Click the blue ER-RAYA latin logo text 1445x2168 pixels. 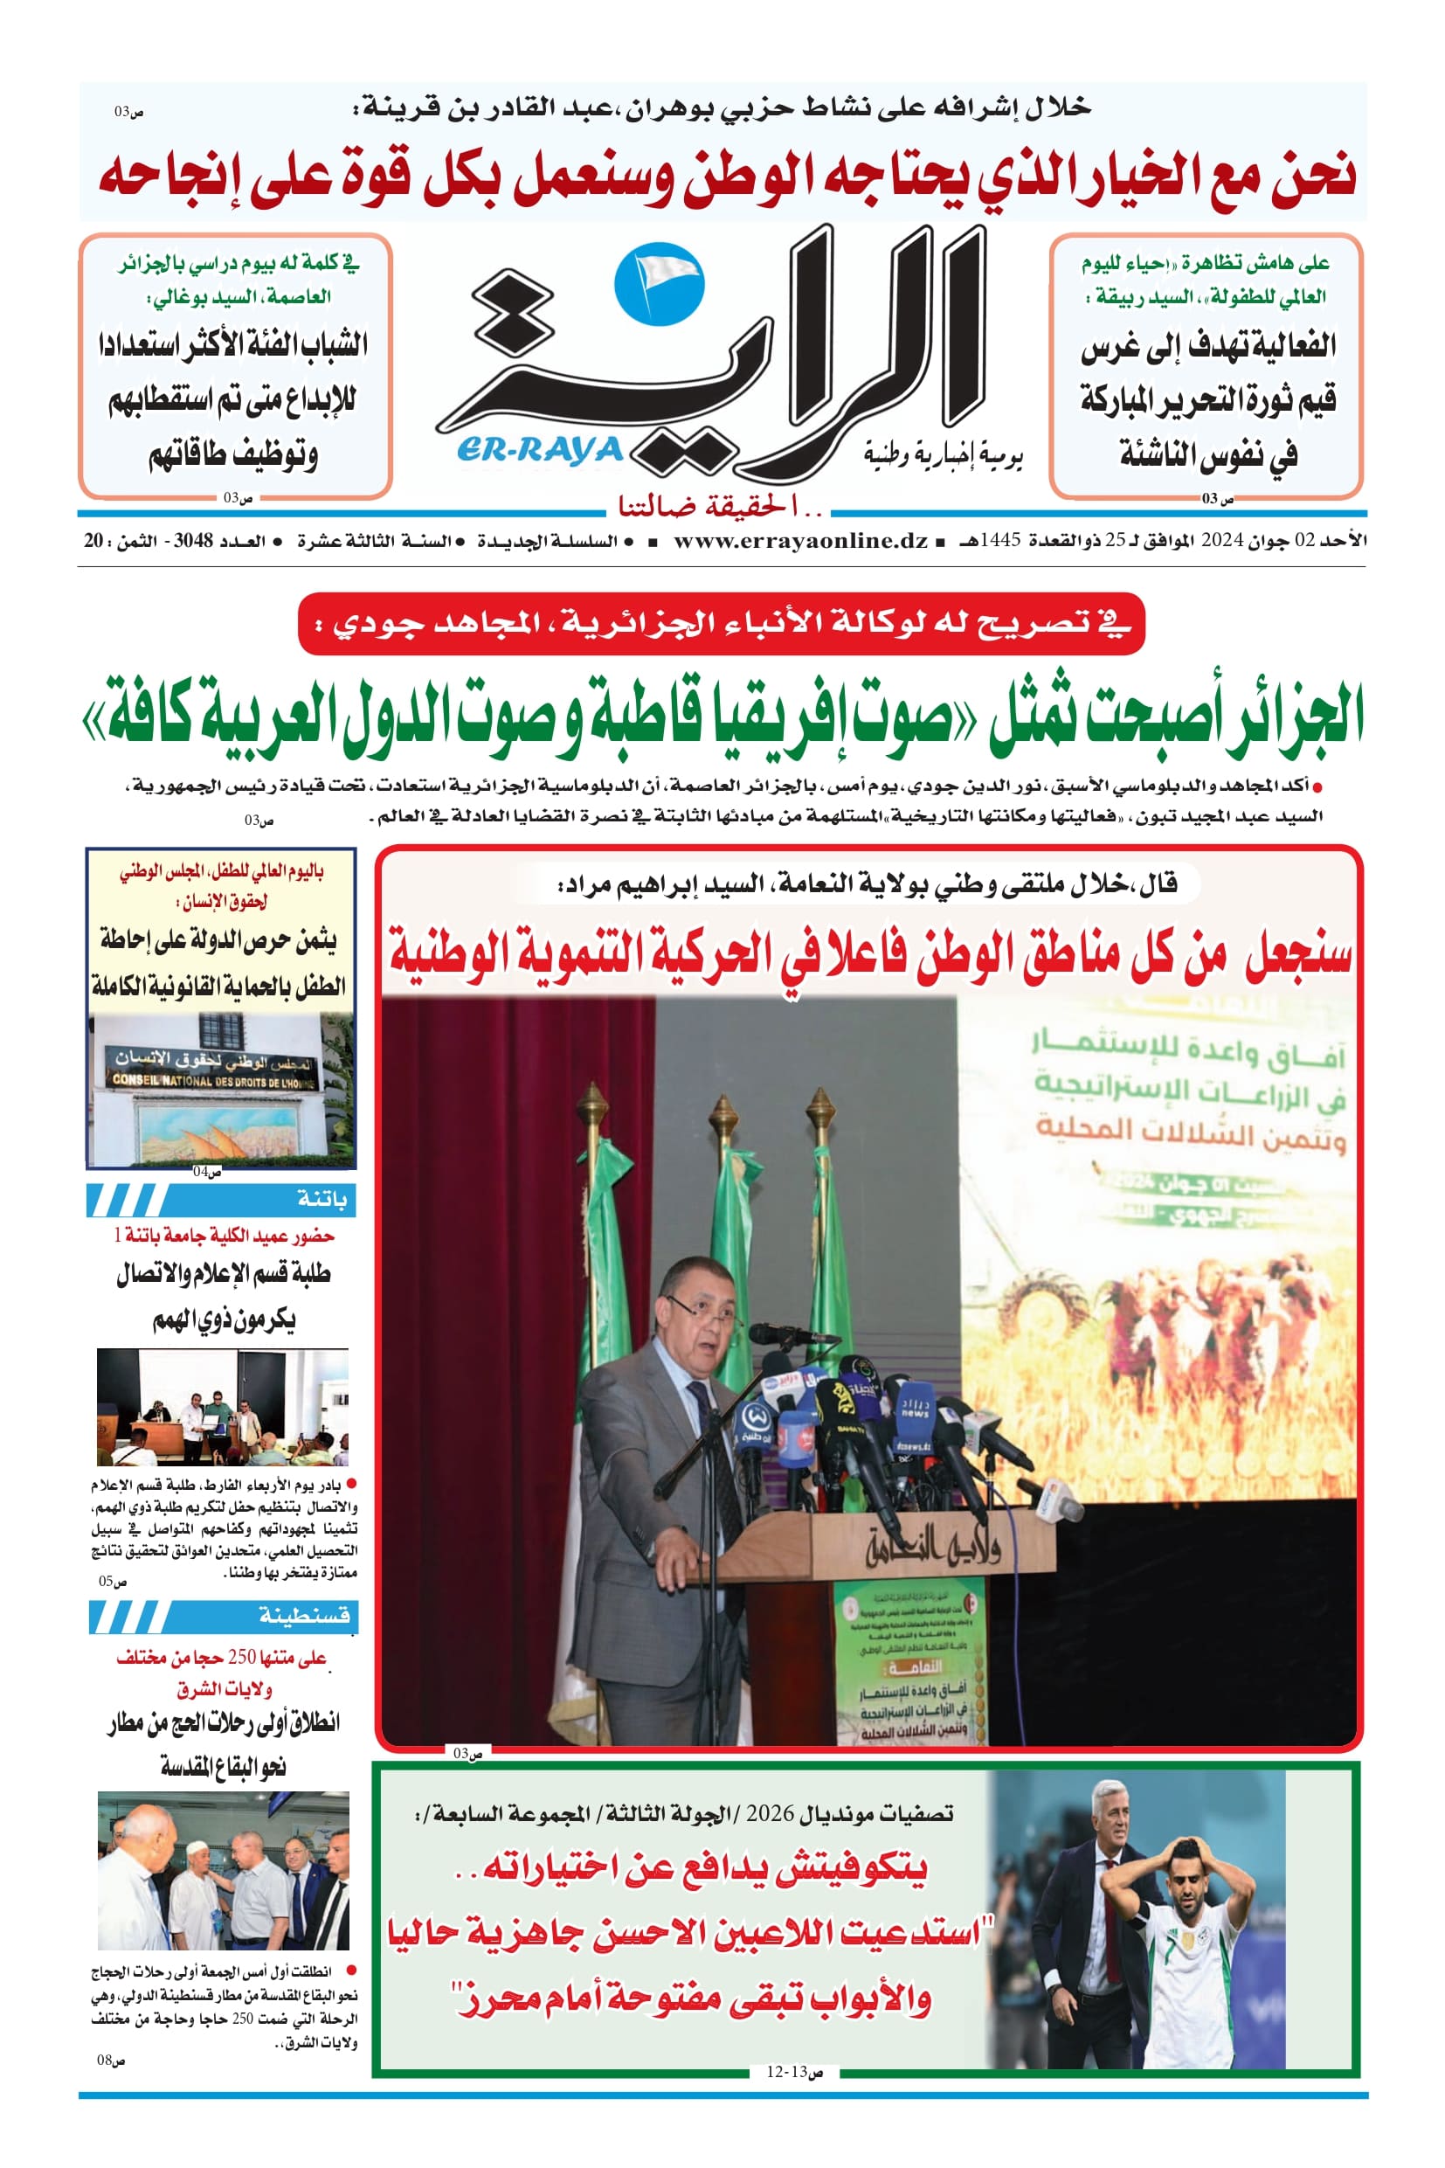pos(540,450)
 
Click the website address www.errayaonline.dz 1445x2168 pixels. pos(800,541)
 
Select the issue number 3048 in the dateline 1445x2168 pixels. pos(192,541)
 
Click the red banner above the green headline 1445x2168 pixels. pos(721,624)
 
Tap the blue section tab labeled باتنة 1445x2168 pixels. pos(221,1199)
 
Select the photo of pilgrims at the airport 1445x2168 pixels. pos(223,1870)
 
